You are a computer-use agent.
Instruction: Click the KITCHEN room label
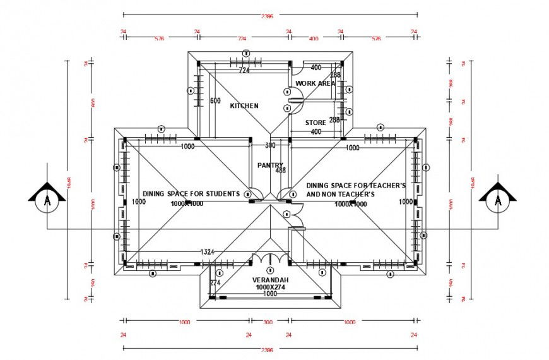pos(244,105)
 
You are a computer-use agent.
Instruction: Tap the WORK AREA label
pos(315,83)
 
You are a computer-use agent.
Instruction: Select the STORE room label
pos(316,123)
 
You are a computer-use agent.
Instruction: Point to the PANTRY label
pos(271,165)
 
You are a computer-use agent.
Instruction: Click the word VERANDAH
pos(270,280)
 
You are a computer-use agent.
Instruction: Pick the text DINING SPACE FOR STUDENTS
pos(191,194)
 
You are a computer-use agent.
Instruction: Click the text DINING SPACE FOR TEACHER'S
pos(355,186)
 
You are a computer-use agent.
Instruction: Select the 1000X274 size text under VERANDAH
pos(270,287)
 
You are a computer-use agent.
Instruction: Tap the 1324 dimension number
pos(207,252)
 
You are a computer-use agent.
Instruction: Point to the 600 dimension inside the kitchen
pos(215,101)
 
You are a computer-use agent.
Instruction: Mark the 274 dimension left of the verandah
pos(215,283)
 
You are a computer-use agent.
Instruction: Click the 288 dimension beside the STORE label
pos(334,119)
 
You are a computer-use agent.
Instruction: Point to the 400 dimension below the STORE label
pos(316,131)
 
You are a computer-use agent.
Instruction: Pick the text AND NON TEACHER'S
pos(341,195)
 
